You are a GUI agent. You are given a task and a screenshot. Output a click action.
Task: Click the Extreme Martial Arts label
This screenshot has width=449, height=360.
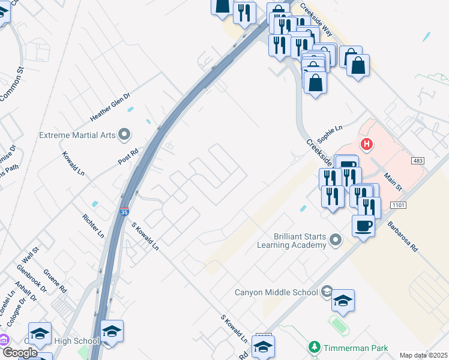click(x=77, y=134)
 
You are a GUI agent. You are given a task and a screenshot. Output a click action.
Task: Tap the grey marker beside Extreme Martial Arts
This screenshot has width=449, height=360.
click(x=124, y=134)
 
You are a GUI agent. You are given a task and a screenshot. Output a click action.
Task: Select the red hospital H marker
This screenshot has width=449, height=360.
click(x=367, y=145)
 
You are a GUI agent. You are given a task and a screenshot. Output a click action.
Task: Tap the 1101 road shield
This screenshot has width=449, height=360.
click(x=397, y=205)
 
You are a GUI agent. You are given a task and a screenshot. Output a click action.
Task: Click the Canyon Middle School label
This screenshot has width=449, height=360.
click(x=276, y=292)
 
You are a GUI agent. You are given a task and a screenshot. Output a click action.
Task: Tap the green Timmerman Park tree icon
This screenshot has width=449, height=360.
click(x=314, y=347)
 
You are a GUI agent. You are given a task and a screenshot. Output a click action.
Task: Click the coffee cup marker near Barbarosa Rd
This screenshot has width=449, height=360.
click(x=363, y=226)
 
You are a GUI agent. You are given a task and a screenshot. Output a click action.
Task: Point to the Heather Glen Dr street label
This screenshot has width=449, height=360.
click(x=110, y=106)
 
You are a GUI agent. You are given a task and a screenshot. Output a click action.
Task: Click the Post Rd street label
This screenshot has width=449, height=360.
click(x=128, y=156)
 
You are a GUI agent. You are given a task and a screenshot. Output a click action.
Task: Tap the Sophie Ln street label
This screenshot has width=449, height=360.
click(x=330, y=133)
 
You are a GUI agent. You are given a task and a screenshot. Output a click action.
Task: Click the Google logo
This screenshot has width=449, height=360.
click(x=20, y=353)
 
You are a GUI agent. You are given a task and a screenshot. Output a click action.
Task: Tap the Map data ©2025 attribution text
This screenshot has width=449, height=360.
click(x=423, y=355)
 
